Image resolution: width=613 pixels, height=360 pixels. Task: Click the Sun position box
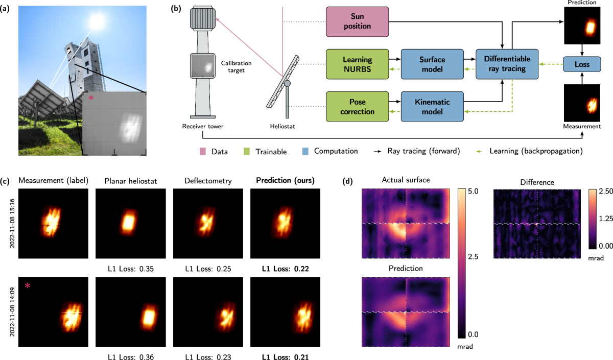tap(357, 22)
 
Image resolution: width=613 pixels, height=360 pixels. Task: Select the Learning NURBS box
tap(357, 64)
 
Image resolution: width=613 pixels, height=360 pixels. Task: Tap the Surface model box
tap(433, 64)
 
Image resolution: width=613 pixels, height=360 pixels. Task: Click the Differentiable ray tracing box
tap(508, 64)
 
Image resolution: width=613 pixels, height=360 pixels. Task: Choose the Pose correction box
tap(357, 107)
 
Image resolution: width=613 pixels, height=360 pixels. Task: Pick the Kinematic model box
tap(433, 107)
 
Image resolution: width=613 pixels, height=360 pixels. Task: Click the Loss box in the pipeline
tap(581, 64)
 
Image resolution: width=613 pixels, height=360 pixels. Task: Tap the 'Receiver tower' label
tap(203, 126)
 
